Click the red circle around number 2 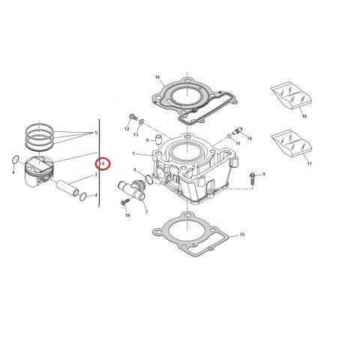103,163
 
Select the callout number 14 157,77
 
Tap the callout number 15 241,235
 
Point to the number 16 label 304,117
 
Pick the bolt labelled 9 253,178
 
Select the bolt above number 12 133,117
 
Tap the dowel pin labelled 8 160,139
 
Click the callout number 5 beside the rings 95,133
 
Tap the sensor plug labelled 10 238,130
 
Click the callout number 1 133,154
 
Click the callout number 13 137,143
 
